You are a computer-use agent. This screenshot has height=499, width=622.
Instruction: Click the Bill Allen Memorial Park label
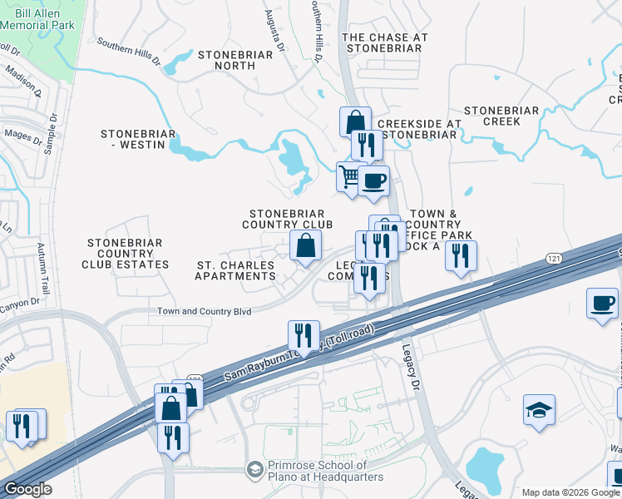(x=37, y=19)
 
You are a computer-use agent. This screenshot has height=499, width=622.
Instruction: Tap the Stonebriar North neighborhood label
(x=230, y=61)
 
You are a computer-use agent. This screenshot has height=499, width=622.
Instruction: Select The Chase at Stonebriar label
(x=385, y=43)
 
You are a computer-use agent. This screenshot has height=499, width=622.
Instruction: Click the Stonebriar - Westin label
(x=138, y=140)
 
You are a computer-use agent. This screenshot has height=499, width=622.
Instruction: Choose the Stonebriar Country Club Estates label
(x=125, y=253)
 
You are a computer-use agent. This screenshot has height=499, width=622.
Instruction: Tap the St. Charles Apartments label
(x=235, y=270)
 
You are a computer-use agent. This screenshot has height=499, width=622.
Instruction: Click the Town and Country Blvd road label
(x=205, y=312)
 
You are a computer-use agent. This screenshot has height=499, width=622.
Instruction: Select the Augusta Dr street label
(x=274, y=29)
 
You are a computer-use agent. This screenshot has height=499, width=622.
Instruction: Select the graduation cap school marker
(x=539, y=409)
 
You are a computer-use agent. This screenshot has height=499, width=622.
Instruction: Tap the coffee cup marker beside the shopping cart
(x=373, y=180)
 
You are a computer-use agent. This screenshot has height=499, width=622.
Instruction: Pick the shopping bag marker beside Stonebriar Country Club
(x=306, y=245)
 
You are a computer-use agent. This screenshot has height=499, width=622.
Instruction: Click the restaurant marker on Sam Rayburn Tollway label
(x=304, y=336)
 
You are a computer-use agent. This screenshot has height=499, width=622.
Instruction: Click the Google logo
(x=27, y=489)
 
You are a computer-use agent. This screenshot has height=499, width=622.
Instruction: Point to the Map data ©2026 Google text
(x=570, y=492)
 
